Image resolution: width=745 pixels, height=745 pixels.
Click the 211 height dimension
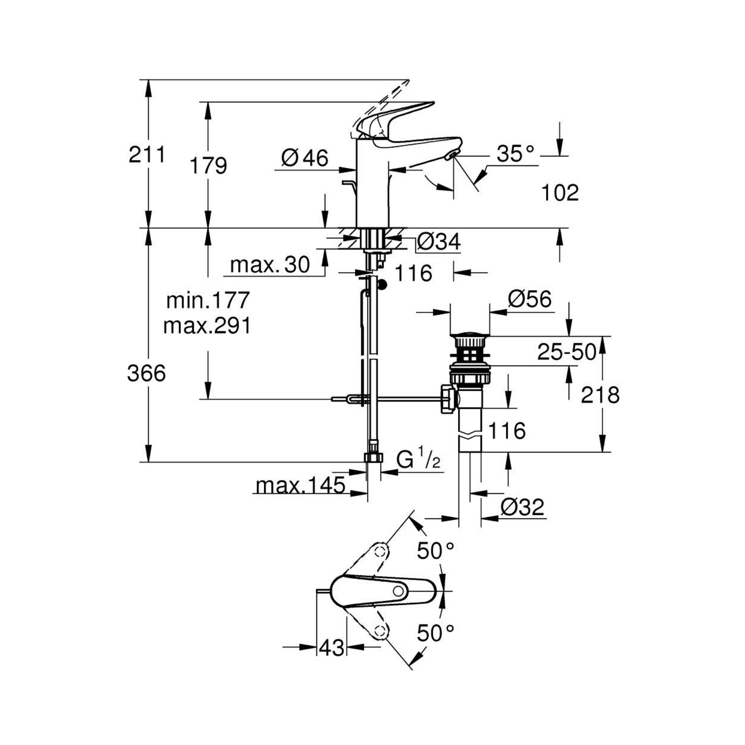[x=147, y=155]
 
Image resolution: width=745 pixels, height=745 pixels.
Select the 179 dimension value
[x=208, y=166]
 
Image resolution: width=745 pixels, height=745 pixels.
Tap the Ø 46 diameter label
[x=305, y=158]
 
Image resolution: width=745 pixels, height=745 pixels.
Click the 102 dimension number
[x=560, y=192]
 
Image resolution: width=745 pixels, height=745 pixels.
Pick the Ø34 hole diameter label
[x=439, y=242]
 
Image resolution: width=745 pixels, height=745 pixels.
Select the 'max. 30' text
[x=270, y=265]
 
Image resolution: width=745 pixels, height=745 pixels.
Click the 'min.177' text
[x=208, y=300]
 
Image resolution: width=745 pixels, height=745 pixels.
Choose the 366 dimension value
[x=147, y=373]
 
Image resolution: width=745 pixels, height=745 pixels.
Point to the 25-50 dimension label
[x=567, y=352]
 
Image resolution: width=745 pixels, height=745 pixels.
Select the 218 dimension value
[x=600, y=395]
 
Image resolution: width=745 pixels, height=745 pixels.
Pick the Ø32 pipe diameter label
[x=523, y=507]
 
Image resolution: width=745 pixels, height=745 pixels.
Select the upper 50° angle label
[x=435, y=551]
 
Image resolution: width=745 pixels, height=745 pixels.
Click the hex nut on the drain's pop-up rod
[x=448, y=399]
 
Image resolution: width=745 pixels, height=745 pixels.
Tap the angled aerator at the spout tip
[x=451, y=156]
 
